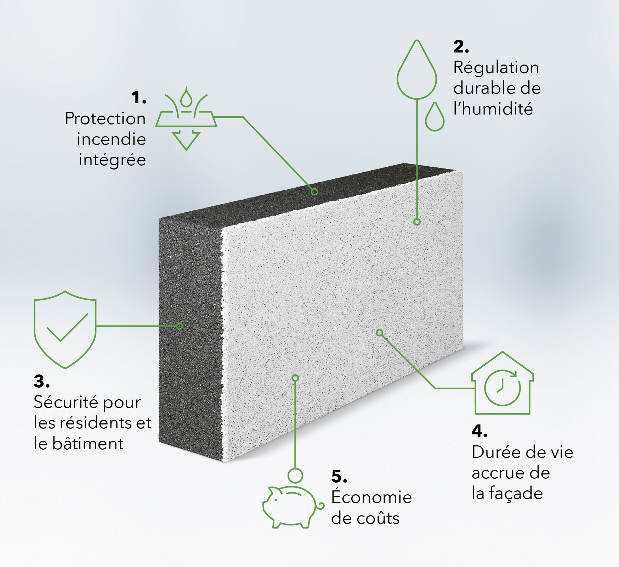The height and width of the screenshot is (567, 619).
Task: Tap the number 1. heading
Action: pyautogui.click(x=138, y=97)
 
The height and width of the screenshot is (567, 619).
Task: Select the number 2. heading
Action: pyautogui.click(x=461, y=46)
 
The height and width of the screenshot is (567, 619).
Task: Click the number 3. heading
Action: pyautogui.click(x=41, y=382)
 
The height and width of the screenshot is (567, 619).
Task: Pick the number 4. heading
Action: pyautogui.click(x=479, y=431)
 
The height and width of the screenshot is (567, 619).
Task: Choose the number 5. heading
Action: pyautogui.click(x=339, y=476)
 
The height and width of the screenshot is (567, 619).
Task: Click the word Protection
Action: pyautogui.click(x=105, y=118)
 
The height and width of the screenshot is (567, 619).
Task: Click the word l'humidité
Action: pyautogui.click(x=493, y=109)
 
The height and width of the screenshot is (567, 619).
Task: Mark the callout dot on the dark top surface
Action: pyautogui.click(x=314, y=192)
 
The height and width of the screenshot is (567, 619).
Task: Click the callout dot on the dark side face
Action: pyautogui.click(x=179, y=326)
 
